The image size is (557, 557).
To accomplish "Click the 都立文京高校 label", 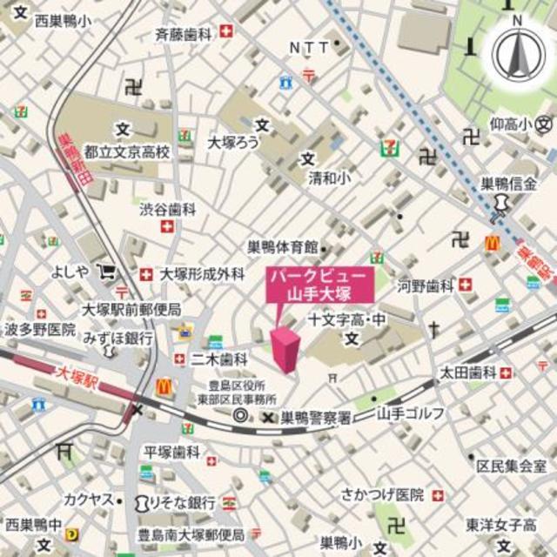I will [133, 151].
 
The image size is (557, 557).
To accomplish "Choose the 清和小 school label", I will [326, 178].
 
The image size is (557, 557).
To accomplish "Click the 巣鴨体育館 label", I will [282, 248].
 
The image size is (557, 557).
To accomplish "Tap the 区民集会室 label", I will [517, 466].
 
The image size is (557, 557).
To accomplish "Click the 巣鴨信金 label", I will [511, 184].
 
